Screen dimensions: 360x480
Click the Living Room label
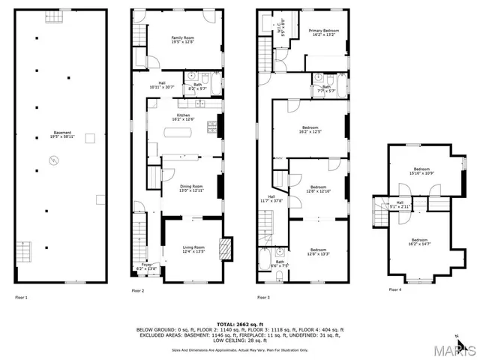click(193, 249)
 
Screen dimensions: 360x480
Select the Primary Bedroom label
click(325, 32)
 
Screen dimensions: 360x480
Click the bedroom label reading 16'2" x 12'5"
click(310, 129)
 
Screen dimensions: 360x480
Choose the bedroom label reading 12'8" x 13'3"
click(318, 251)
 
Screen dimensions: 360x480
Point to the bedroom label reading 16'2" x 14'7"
click(424, 241)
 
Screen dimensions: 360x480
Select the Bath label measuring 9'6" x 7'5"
click(278, 262)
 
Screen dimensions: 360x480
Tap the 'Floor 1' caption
click(22, 297)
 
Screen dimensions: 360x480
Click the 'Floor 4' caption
click(394, 289)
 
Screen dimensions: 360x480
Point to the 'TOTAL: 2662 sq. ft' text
click(239, 323)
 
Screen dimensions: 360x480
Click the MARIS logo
click(457, 349)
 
